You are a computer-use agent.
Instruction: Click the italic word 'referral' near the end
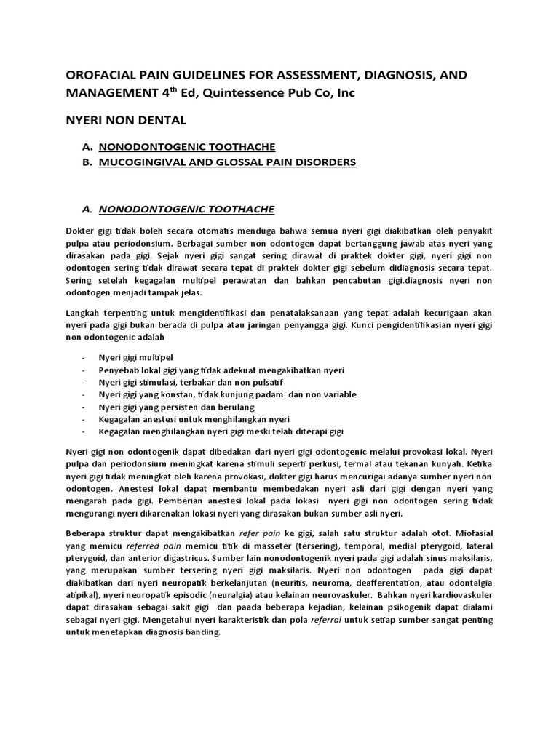pos(328,620)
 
